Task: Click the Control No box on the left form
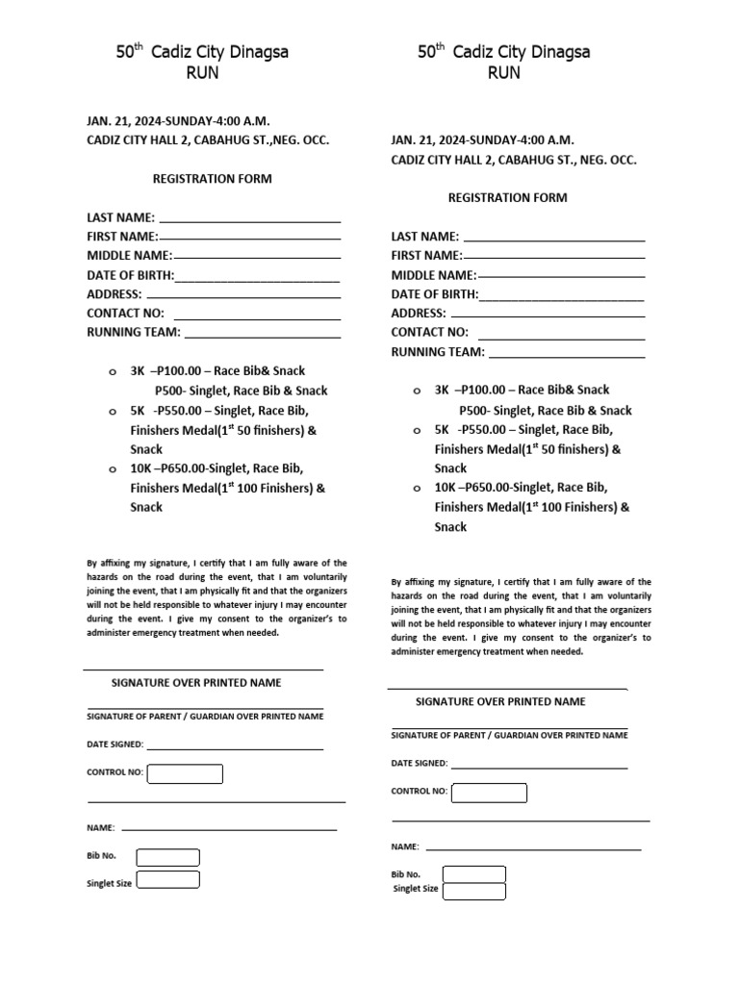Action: point(185,773)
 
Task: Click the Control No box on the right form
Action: point(489,793)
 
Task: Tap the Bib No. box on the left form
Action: point(167,857)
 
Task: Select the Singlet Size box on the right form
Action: point(473,891)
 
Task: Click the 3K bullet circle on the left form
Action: point(112,371)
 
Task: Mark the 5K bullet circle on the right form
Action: point(416,430)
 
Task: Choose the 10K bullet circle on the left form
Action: point(112,468)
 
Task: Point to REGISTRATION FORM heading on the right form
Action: point(508,197)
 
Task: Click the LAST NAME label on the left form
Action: point(120,217)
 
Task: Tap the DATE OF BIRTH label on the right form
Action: point(434,294)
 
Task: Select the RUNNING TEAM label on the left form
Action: point(134,332)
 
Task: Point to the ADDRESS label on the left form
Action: point(115,294)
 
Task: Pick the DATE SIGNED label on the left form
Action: point(115,745)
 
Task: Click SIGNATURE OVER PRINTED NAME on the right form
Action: point(500,701)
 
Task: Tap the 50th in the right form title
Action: point(431,53)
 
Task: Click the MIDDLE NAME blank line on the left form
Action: point(257,258)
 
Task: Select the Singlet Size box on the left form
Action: point(167,879)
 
